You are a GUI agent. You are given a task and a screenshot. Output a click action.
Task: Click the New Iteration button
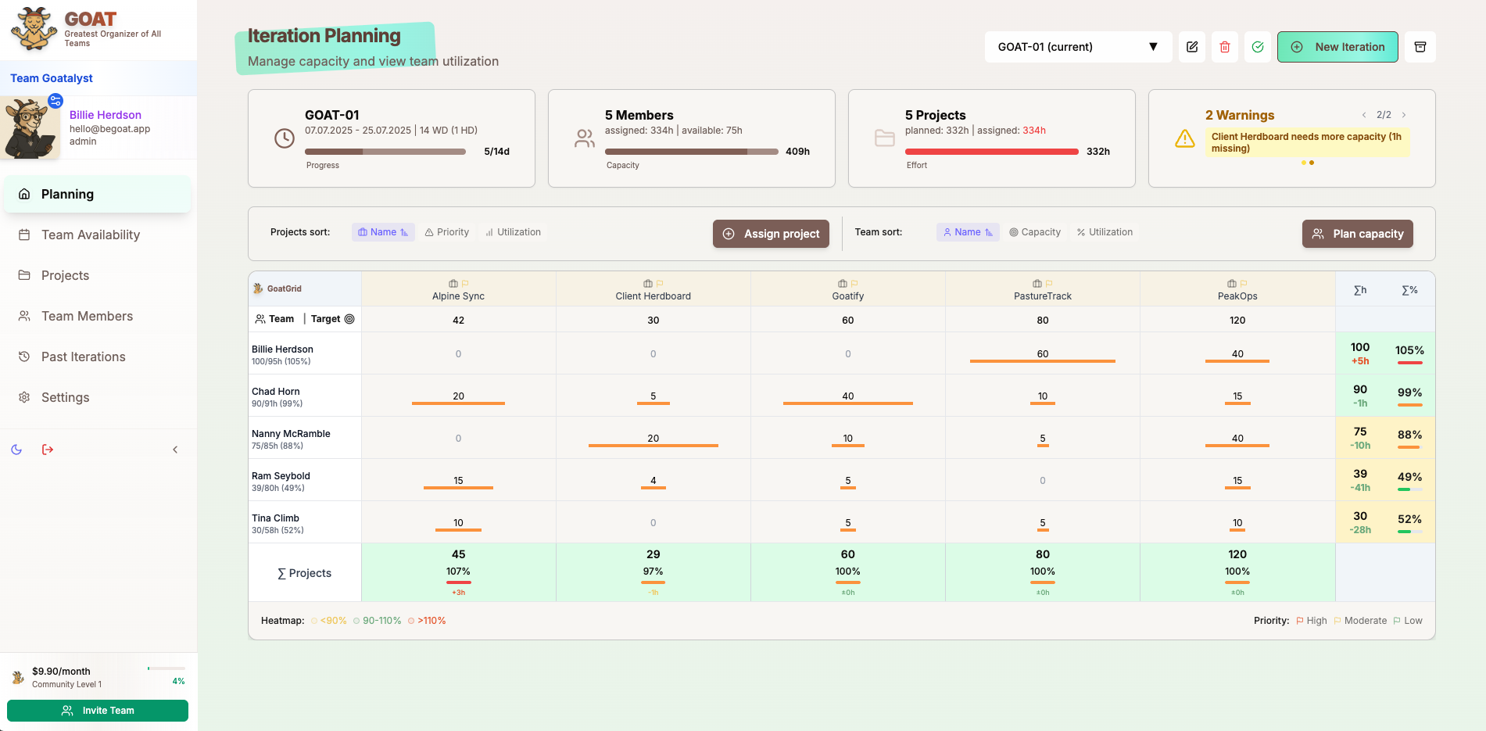tap(1337, 47)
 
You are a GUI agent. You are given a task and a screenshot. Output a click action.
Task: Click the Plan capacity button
tap(1357, 234)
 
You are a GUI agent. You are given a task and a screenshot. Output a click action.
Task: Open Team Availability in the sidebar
tap(91, 235)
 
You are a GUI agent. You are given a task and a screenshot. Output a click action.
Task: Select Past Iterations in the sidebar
tap(83, 357)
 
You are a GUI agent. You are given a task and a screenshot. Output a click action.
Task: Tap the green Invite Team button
tap(98, 711)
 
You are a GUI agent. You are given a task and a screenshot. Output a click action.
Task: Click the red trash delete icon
tap(1225, 47)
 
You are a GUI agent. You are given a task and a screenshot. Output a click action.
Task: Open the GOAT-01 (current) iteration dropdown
tap(1077, 47)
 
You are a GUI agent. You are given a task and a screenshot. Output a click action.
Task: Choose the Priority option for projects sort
tap(447, 232)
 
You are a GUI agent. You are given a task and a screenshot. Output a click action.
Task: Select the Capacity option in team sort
tap(1035, 232)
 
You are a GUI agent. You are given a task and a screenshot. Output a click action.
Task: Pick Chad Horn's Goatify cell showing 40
tap(847, 396)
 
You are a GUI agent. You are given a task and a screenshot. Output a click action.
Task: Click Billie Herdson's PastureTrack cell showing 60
tap(1042, 353)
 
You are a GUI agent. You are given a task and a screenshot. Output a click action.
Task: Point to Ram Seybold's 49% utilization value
tap(1409, 477)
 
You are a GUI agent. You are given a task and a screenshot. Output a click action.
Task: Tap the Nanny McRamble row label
tap(291, 434)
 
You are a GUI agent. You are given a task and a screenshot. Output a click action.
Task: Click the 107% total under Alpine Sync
tap(458, 572)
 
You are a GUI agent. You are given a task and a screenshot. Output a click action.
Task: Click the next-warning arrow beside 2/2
tap(1404, 115)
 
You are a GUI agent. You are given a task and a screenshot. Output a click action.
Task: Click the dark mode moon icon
tap(16, 450)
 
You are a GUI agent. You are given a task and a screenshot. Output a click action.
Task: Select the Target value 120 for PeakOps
tap(1237, 320)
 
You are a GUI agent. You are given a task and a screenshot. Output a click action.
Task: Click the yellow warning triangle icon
tap(1185, 139)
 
